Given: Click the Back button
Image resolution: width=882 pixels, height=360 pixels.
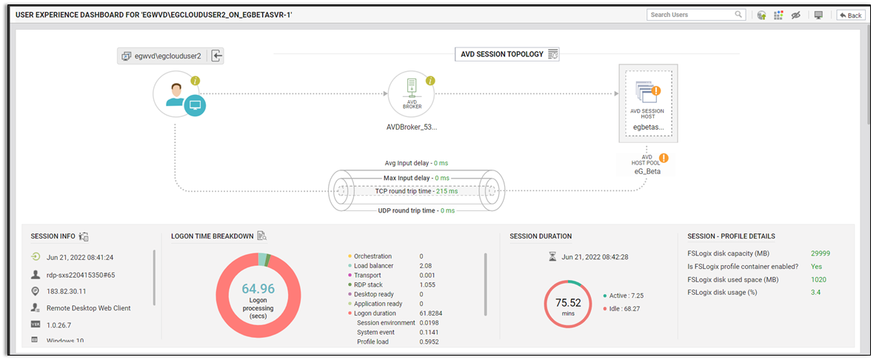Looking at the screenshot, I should pyautogui.click(x=850, y=15).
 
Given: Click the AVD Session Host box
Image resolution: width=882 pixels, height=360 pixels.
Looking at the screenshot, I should pyautogui.click(x=648, y=102).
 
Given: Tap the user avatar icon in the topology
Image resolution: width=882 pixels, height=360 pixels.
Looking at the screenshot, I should pyautogui.click(x=176, y=94).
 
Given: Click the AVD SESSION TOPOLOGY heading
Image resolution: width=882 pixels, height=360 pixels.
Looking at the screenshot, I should pyautogui.click(x=502, y=54).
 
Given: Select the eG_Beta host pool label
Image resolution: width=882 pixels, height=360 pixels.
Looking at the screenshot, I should pyautogui.click(x=647, y=171).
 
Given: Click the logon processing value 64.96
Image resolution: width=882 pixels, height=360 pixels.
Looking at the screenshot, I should pyautogui.click(x=258, y=288).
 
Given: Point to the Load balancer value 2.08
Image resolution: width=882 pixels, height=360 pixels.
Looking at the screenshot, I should pyautogui.click(x=426, y=266).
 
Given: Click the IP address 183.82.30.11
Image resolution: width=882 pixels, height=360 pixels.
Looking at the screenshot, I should pyautogui.click(x=66, y=291).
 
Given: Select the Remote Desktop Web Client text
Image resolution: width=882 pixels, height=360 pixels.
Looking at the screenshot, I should pyautogui.click(x=88, y=308).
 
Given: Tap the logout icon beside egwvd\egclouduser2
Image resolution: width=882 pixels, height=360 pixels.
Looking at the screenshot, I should pyautogui.click(x=217, y=56).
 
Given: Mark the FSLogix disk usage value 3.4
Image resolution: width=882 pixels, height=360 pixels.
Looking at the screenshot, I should pyautogui.click(x=815, y=293).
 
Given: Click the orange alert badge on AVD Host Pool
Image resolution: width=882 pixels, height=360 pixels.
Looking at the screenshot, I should pyautogui.click(x=664, y=158).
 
